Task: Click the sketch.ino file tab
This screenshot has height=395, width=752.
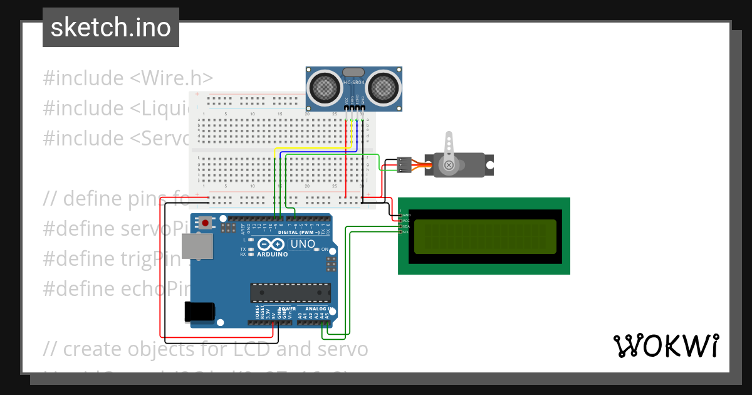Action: pyautogui.click(x=110, y=28)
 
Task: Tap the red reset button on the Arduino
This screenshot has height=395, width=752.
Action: pyautogui.click(x=205, y=223)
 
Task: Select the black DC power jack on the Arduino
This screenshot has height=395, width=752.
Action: pyautogui.click(x=199, y=312)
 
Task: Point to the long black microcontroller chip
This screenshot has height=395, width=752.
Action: pyautogui.click(x=290, y=293)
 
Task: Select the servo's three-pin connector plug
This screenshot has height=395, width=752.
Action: pyautogui.click(x=404, y=164)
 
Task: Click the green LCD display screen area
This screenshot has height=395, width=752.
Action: pyautogui.click(x=483, y=236)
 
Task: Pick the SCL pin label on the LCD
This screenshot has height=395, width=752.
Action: pyautogui.click(x=405, y=232)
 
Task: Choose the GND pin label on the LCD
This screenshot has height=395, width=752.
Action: pyautogui.click(x=405, y=215)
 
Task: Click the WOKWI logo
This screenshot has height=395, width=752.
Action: pyautogui.click(x=666, y=345)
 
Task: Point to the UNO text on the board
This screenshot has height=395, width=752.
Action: pyautogui.click(x=303, y=244)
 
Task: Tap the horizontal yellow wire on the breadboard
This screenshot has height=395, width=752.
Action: pyautogui.click(x=313, y=149)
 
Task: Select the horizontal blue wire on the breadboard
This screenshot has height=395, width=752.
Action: pyautogui.click(x=316, y=152)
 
